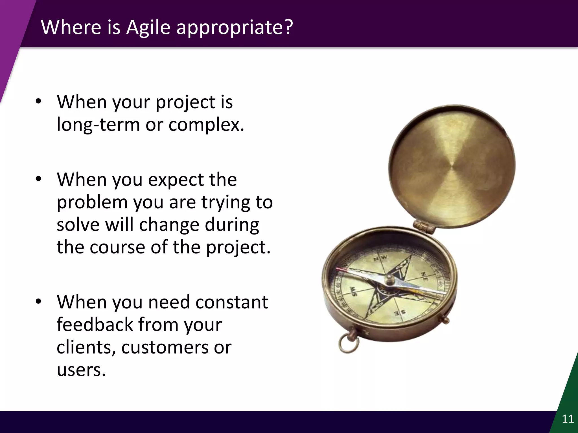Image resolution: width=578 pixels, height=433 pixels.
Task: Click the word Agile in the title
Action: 148,27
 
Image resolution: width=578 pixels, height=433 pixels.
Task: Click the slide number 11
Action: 568,419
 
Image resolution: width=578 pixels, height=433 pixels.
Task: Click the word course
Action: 117,247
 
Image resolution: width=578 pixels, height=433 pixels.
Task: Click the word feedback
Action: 95,324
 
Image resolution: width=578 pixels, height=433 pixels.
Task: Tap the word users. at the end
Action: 81,370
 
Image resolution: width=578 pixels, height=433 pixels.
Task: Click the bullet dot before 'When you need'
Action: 39,301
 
